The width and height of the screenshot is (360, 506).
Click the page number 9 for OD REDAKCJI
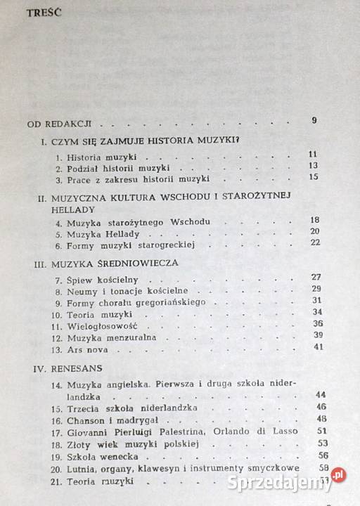314,120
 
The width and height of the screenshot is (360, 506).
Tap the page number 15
313,176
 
